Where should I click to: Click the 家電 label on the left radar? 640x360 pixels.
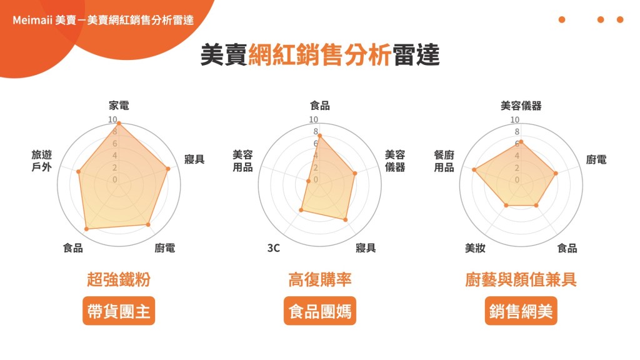coord(119,106)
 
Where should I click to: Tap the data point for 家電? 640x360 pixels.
coord(119,123)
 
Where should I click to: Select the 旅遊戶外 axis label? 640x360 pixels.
coord(42,161)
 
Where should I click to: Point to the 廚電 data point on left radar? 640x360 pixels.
coord(148,224)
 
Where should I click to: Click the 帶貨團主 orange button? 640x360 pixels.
coord(119,311)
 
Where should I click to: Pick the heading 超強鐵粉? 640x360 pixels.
coord(119,279)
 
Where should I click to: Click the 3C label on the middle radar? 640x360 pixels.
coord(274,248)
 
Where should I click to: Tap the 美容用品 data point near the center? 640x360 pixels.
coord(308,181)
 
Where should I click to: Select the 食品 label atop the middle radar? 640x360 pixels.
coord(320,106)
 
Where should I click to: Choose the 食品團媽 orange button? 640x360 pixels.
coord(320,311)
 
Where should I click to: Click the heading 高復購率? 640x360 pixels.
coord(320,279)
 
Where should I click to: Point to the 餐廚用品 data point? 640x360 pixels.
coord(474,169)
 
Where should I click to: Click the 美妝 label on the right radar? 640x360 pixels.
coord(475,248)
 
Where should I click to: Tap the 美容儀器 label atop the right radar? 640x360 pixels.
coord(521,106)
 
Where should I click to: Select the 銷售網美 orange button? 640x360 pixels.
coord(521,311)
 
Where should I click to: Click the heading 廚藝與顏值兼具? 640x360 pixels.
coord(521,279)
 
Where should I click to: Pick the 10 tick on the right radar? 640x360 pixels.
coord(515,119)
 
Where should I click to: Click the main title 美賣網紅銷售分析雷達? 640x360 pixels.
coord(320,55)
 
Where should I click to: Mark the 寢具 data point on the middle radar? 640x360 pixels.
coord(345,219)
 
